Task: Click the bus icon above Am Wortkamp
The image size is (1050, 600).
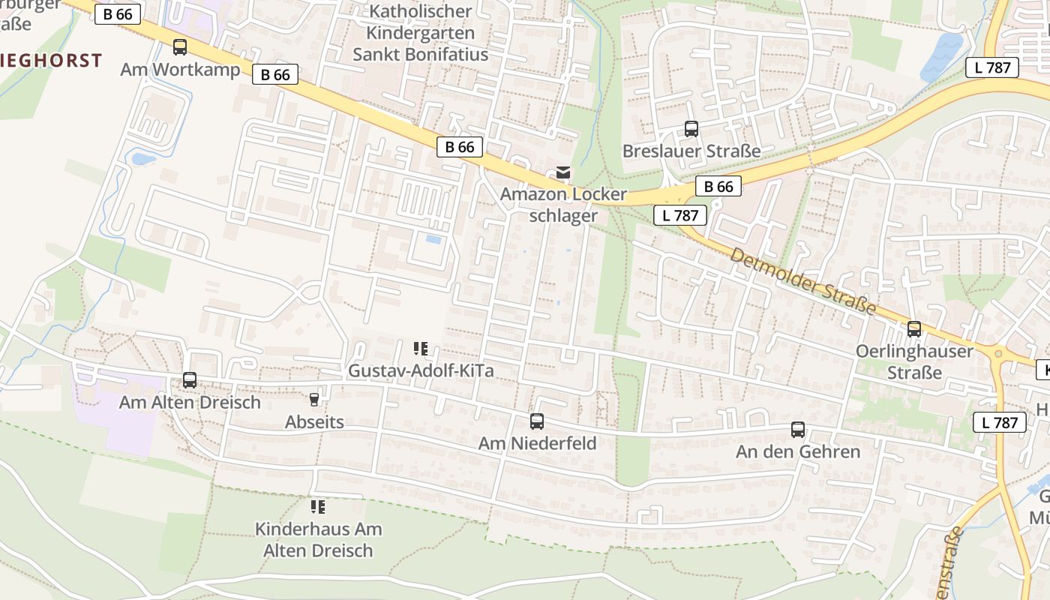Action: [180, 47]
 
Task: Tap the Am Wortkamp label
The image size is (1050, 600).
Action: [180, 70]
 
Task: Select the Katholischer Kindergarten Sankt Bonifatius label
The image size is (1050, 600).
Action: [420, 33]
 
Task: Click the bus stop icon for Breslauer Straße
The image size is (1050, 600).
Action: [691, 129]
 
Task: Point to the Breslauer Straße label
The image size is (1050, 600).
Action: [691, 151]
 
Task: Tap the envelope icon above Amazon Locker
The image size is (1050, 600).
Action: [562, 173]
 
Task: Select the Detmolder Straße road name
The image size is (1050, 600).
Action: [802, 281]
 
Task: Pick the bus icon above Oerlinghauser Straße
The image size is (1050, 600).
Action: [914, 328]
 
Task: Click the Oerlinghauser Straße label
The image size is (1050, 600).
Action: [914, 361]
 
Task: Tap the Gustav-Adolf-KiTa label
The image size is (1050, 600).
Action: [421, 370]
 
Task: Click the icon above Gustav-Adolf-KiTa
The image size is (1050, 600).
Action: [421, 349]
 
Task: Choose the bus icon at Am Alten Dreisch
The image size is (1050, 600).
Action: [190, 380]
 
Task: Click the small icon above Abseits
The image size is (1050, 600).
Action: [314, 400]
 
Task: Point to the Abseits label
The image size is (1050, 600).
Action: [314, 421]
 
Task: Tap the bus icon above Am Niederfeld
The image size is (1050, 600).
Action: [537, 421]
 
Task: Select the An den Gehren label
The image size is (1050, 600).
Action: [798, 451]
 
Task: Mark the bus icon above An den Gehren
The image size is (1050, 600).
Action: [798, 430]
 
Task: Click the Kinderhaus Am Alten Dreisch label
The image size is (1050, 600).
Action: [318, 539]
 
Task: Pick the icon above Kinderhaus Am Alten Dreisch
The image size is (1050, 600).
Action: [318, 507]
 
